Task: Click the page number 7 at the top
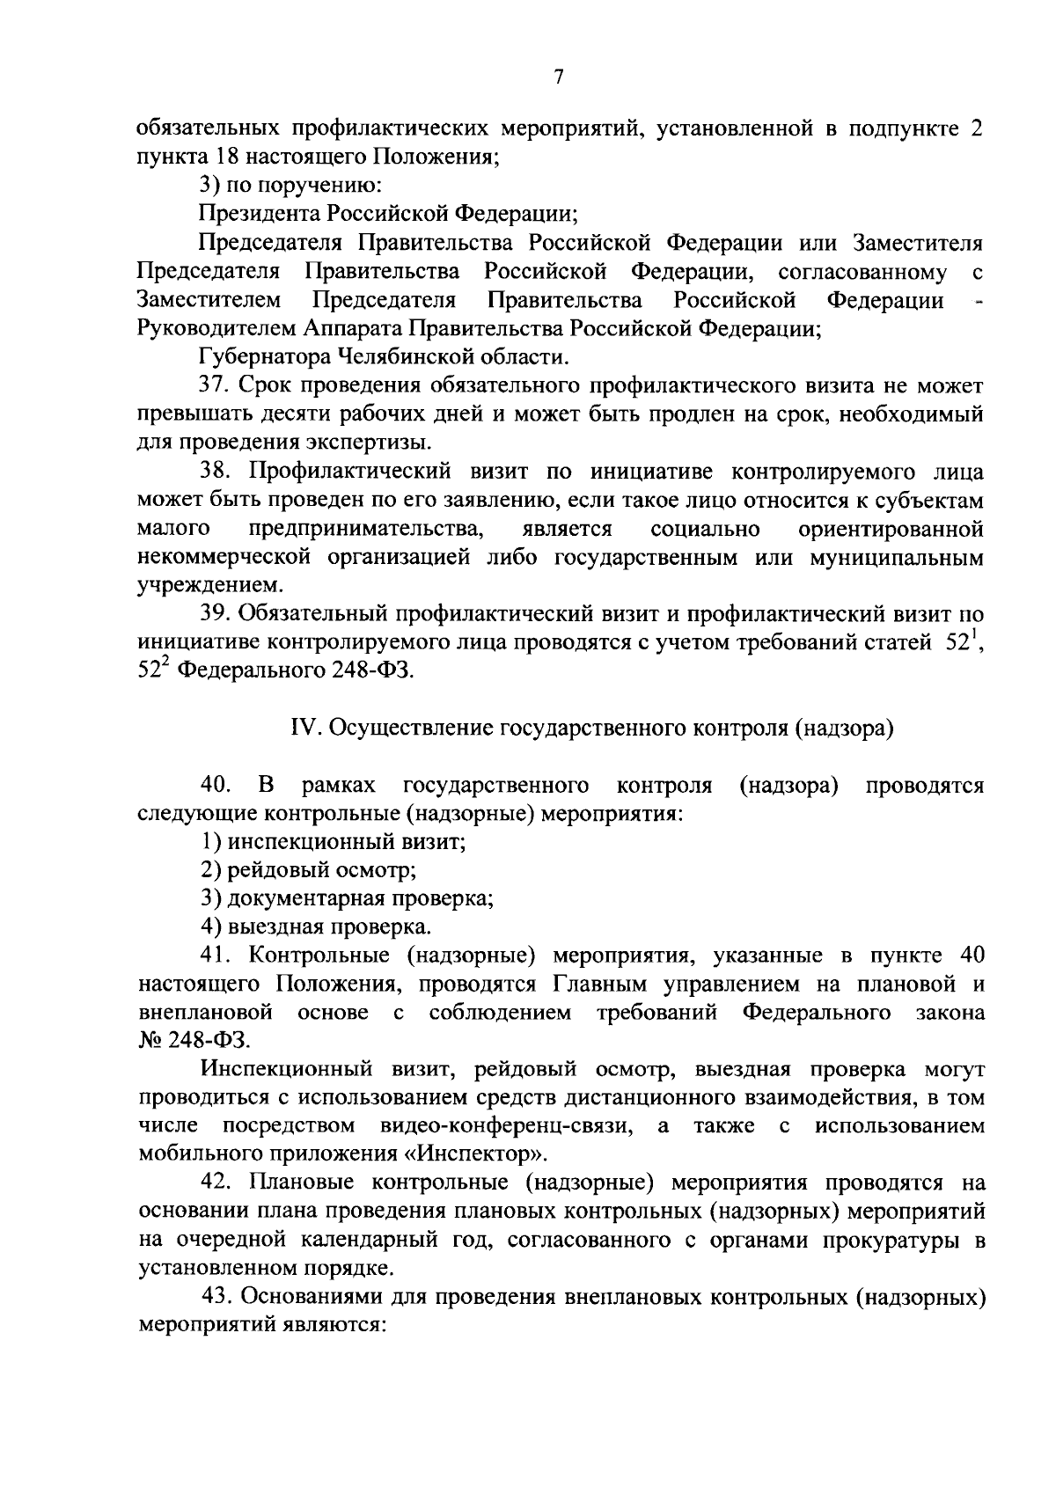[558, 77]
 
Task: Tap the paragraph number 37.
[216, 386]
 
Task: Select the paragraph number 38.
[216, 472]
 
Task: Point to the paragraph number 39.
[216, 614]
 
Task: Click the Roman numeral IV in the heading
[302, 728]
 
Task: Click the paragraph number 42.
[216, 1183]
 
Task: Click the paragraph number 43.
[217, 1296]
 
